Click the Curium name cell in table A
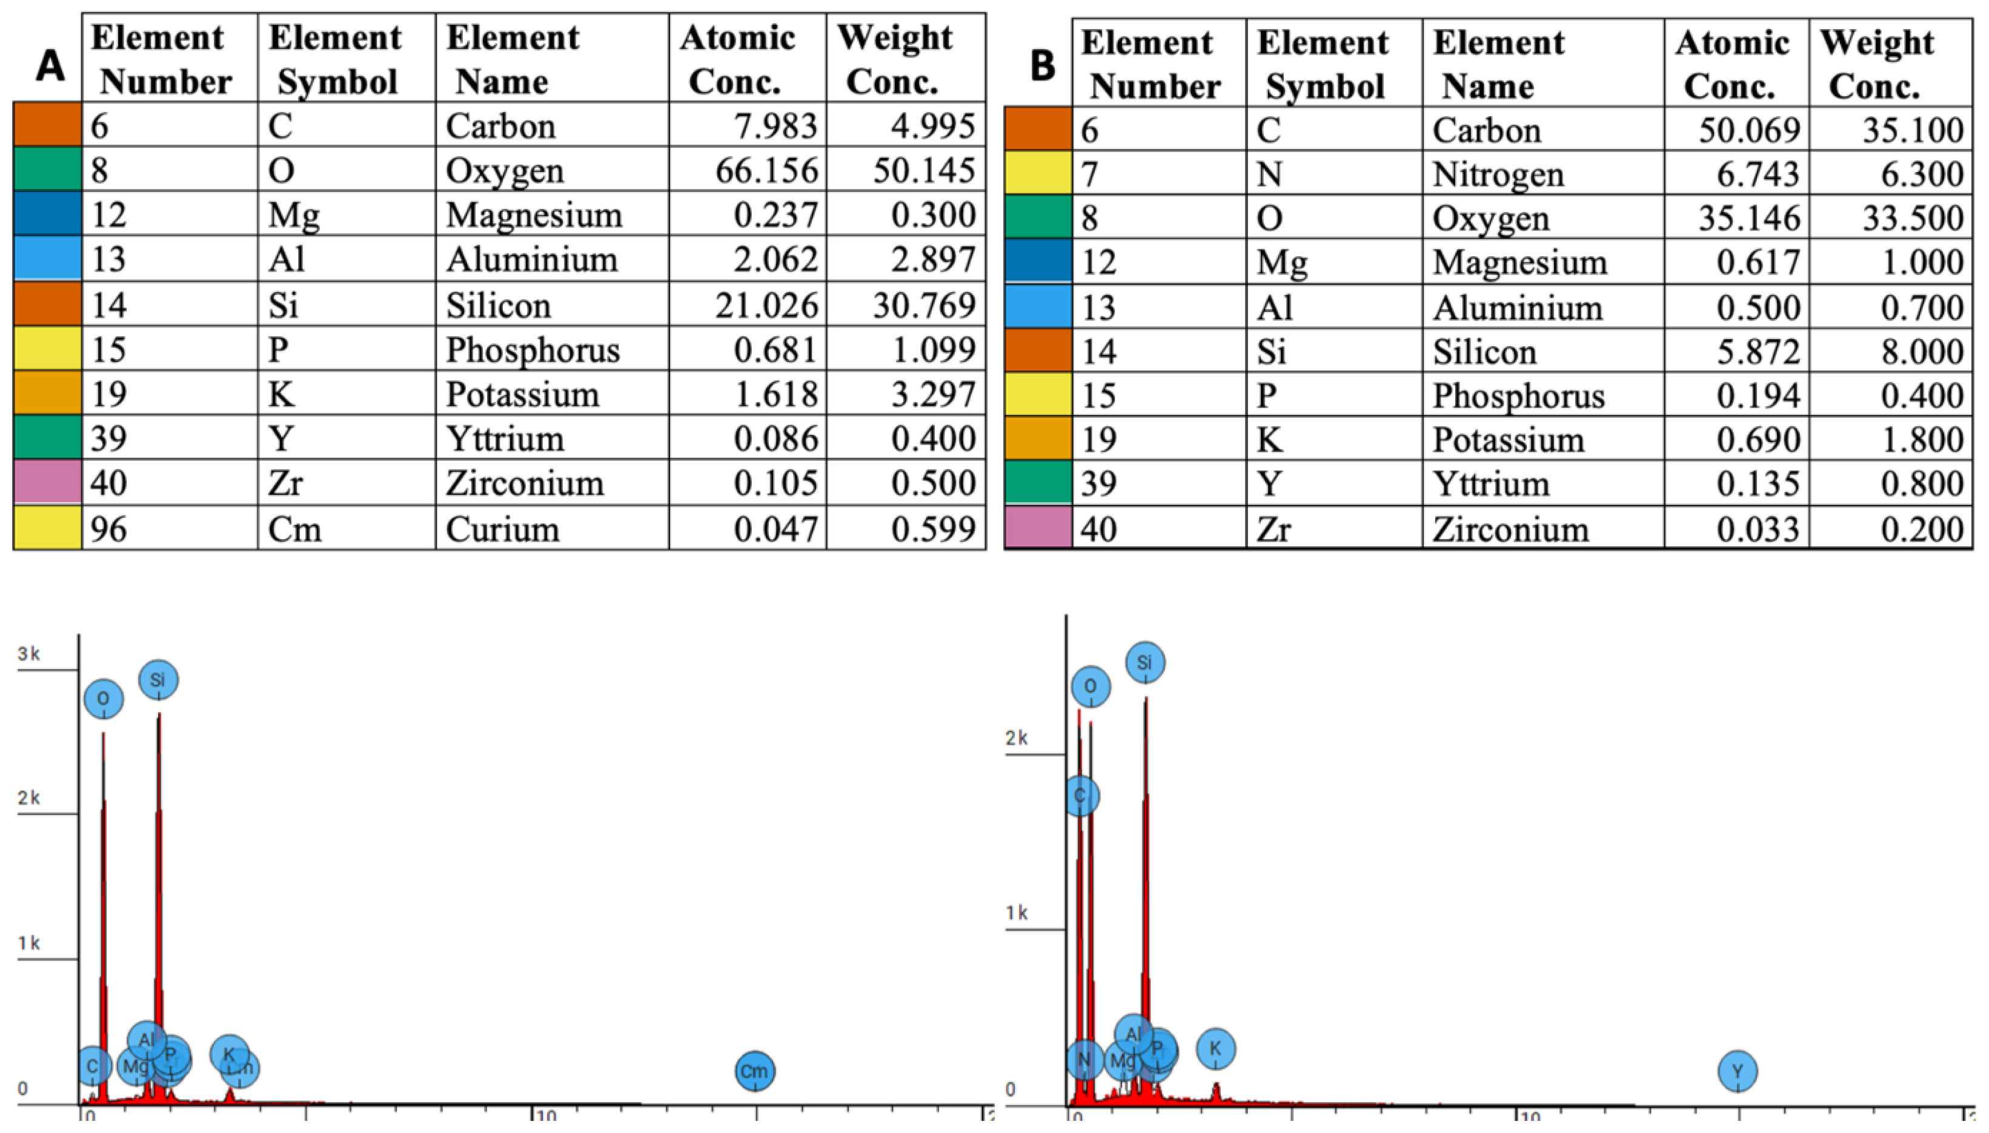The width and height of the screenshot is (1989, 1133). (503, 529)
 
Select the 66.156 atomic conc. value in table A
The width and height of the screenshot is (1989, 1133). (767, 170)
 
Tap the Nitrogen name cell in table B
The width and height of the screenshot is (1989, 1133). (1498, 174)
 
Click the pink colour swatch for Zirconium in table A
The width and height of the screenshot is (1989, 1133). (47, 483)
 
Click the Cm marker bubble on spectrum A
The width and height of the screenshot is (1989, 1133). (754, 1071)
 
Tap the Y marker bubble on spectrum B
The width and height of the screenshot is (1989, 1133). (1738, 1071)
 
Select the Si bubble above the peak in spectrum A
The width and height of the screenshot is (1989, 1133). (158, 680)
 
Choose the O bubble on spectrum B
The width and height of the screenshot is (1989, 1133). (1090, 686)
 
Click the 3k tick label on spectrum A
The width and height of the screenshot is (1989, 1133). (29, 653)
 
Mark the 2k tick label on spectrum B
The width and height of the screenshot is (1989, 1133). (1017, 738)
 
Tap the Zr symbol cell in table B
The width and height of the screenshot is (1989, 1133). (1273, 529)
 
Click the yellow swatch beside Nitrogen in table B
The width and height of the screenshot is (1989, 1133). (1038, 174)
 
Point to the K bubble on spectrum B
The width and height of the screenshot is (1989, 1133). (1216, 1049)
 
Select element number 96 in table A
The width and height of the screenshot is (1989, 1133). (108, 529)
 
